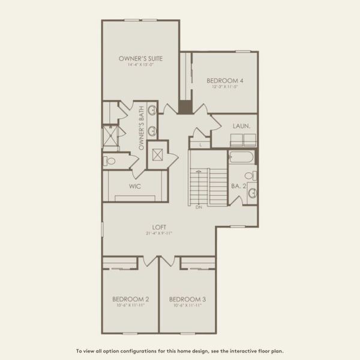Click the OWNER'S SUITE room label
click(140, 59)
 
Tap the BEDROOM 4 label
click(225, 80)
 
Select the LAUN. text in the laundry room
click(242, 126)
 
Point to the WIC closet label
click(135, 187)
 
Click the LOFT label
click(159, 227)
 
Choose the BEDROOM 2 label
click(130, 299)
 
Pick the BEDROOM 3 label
click(187, 299)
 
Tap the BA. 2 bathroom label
click(239, 187)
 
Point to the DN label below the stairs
click(199, 208)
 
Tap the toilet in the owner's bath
click(110, 161)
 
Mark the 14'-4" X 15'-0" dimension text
click(140, 65)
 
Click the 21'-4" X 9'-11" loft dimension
click(159, 233)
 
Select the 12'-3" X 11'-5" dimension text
click(225, 87)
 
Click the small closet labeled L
click(199, 144)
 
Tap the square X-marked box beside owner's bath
click(157, 154)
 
